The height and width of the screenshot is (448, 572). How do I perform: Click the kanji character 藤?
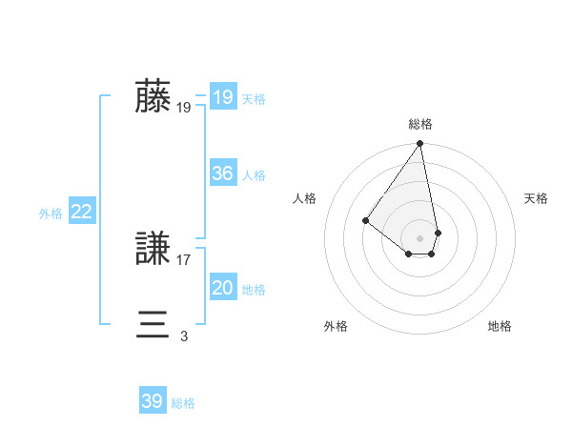[x=153, y=97]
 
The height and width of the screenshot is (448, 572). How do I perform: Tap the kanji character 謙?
[x=153, y=250]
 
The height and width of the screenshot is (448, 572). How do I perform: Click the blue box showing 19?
[x=222, y=97]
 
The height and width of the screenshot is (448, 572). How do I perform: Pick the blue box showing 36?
[x=222, y=173]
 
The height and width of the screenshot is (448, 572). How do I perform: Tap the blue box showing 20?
[x=222, y=288]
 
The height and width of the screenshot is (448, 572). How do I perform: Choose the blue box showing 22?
[x=81, y=212]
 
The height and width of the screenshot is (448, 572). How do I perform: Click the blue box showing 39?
[x=153, y=401]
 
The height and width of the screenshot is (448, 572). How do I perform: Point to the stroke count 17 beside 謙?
[x=184, y=259]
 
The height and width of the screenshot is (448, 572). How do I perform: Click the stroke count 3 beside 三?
[x=184, y=336]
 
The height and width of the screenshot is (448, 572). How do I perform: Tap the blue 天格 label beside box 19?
[x=254, y=99]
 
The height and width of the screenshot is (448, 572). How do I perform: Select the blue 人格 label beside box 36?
[x=254, y=175]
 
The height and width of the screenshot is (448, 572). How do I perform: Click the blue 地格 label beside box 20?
[x=254, y=290]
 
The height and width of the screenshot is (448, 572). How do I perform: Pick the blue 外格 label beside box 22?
[x=51, y=214]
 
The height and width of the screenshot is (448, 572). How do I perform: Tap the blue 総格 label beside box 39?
[x=184, y=403]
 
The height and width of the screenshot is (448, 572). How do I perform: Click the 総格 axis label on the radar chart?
[x=420, y=124]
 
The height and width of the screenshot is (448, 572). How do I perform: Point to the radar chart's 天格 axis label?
[x=537, y=198]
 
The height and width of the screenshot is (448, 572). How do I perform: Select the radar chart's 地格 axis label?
[x=500, y=326]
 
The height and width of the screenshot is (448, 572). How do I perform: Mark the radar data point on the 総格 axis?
[x=420, y=145]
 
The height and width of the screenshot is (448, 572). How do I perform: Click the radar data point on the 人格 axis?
[x=365, y=220]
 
